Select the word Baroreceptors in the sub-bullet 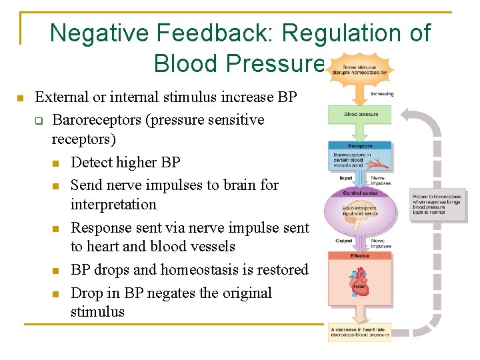click(x=94, y=120)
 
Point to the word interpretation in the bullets click(x=113, y=205)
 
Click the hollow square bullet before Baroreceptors click(x=39, y=121)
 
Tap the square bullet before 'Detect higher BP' click(x=57, y=163)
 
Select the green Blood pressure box click(x=359, y=115)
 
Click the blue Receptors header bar click(x=359, y=146)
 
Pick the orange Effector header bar click(x=359, y=256)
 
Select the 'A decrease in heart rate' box click(x=359, y=332)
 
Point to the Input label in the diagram click(x=346, y=178)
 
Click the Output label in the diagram click(x=344, y=241)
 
